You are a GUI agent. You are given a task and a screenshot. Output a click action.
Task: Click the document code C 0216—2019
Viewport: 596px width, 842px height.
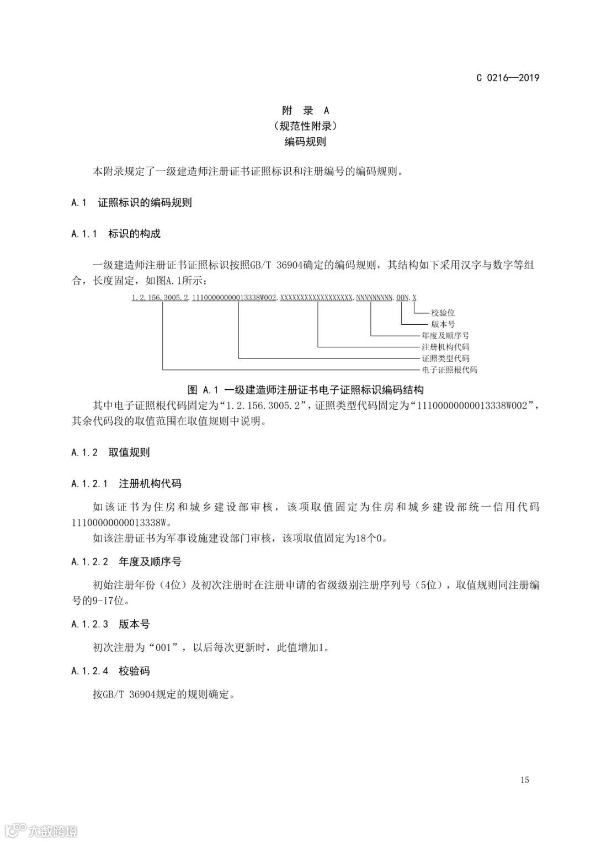coord(508,78)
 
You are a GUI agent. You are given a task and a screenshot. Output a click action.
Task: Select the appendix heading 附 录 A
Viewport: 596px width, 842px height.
coord(305,111)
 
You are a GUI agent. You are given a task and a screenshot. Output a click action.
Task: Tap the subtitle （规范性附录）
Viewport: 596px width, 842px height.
coord(305,126)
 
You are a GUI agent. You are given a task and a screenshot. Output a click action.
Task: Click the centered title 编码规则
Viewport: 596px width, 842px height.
coord(305,142)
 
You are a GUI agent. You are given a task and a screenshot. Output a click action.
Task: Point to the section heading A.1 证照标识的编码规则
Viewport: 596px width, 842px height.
coord(131,202)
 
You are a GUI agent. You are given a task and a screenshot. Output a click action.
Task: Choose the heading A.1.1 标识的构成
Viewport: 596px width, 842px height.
coord(116,234)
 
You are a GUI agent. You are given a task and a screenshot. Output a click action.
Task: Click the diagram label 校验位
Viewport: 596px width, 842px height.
coord(443,313)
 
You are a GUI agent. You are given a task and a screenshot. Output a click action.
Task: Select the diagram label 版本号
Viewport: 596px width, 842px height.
coord(443,324)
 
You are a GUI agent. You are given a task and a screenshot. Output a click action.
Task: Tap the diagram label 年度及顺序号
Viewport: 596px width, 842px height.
coord(445,335)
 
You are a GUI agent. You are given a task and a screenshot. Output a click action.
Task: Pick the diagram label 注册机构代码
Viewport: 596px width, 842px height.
coord(445,347)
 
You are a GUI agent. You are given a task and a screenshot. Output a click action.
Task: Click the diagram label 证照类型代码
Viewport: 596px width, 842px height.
coord(445,358)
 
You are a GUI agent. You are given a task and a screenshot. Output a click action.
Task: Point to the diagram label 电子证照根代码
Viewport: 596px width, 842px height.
coord(449,370)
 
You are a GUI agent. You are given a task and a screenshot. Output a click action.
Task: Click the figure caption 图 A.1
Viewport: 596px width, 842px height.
coord(305,390)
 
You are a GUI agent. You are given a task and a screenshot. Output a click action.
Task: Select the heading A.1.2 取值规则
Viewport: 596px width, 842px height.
coord(110,452)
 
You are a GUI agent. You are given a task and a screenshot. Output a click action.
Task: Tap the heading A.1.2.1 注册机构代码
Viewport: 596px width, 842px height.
coord(126,484)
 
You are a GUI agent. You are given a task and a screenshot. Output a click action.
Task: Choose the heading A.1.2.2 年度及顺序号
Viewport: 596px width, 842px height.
coord(126,562)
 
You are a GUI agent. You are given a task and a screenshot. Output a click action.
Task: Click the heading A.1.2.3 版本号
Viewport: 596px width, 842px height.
coord(110,624)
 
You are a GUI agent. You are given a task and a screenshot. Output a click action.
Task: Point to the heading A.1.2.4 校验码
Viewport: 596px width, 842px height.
coord(110,671)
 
